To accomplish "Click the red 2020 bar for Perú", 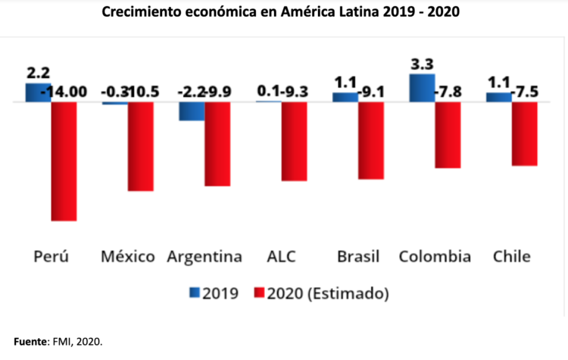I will click(x=64, y=161).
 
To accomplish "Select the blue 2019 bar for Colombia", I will click(x=422, y=88).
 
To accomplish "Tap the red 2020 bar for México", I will click(x=141, y=146).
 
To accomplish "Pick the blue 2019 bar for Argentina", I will click(x=192, y=111).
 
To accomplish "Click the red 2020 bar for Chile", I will click(x=524, y=133).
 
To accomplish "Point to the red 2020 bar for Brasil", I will click(x=371, y=139).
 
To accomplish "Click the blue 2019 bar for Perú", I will click(x=38, y=92).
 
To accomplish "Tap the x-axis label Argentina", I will click(x=205, y=256).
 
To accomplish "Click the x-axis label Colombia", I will click(x=435, y=256).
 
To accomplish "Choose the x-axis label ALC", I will click(x=282, y=256).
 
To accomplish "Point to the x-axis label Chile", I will click(x=512, y=256).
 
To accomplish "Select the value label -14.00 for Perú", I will click(x=65, y=92).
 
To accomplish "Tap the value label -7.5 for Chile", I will click(x=526, y=92).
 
